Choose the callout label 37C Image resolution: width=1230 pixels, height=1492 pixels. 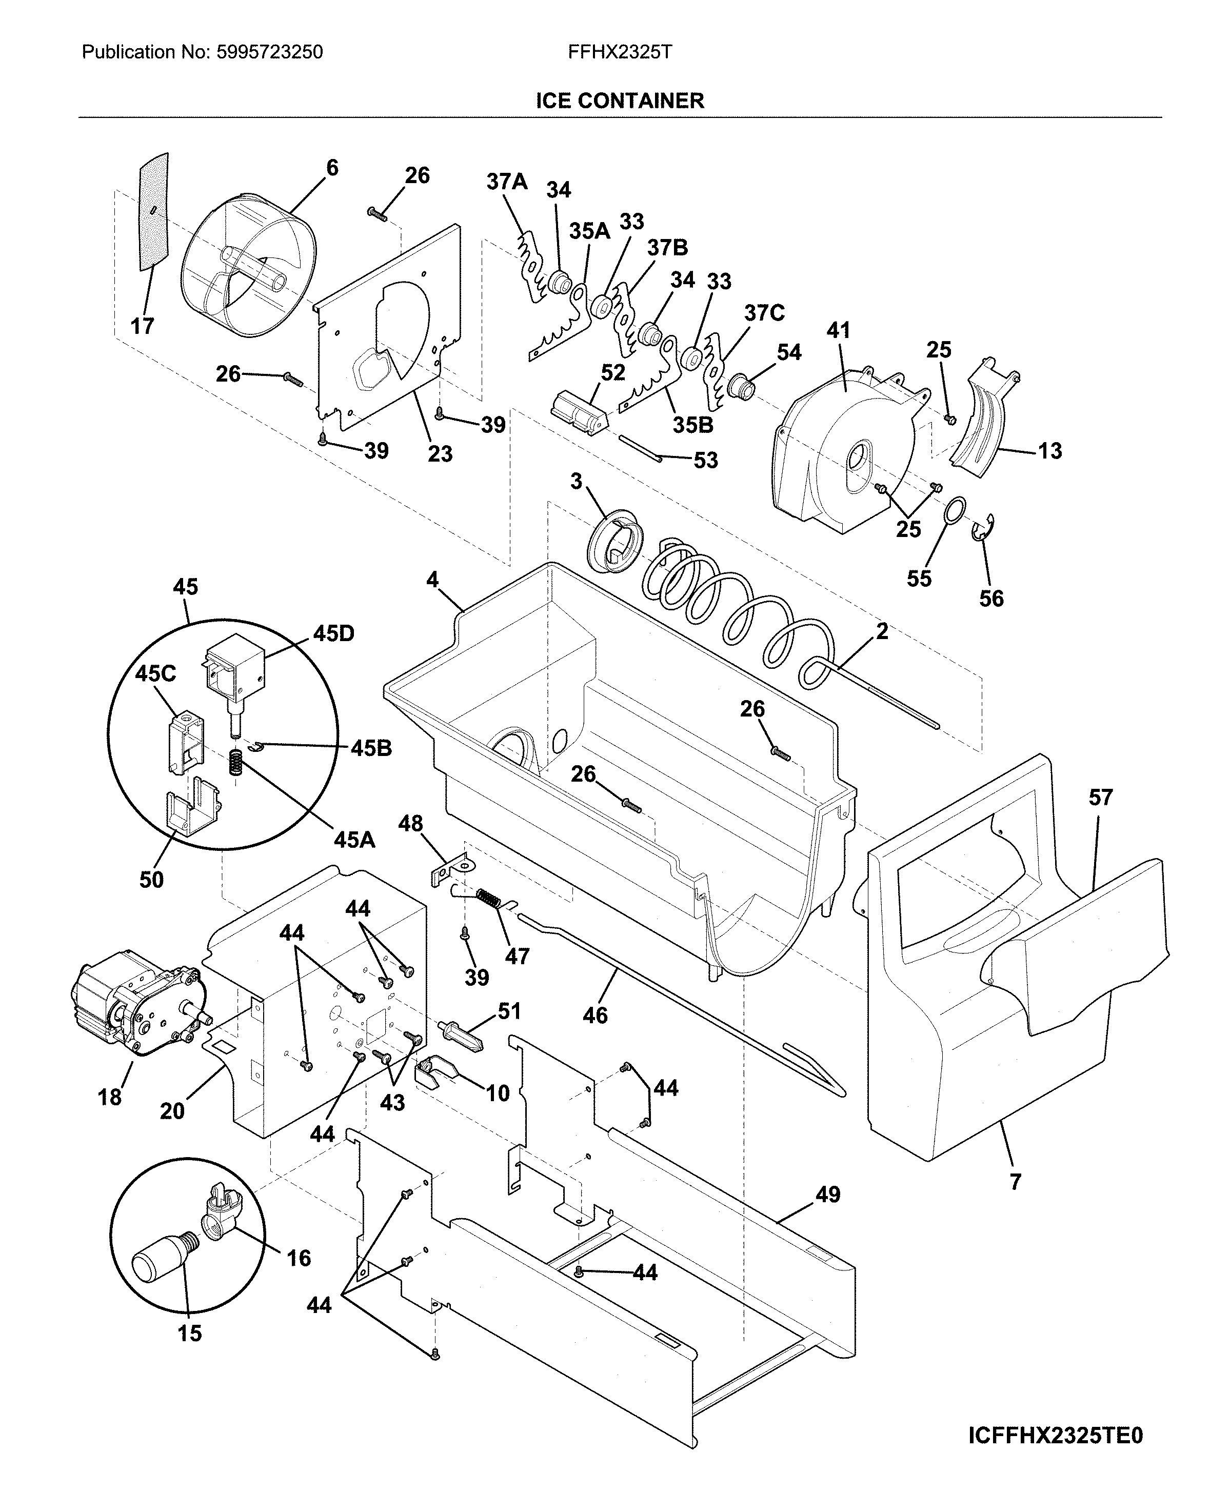(x=764, y=312)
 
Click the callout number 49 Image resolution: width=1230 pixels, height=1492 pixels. (x=827, y=1195)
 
